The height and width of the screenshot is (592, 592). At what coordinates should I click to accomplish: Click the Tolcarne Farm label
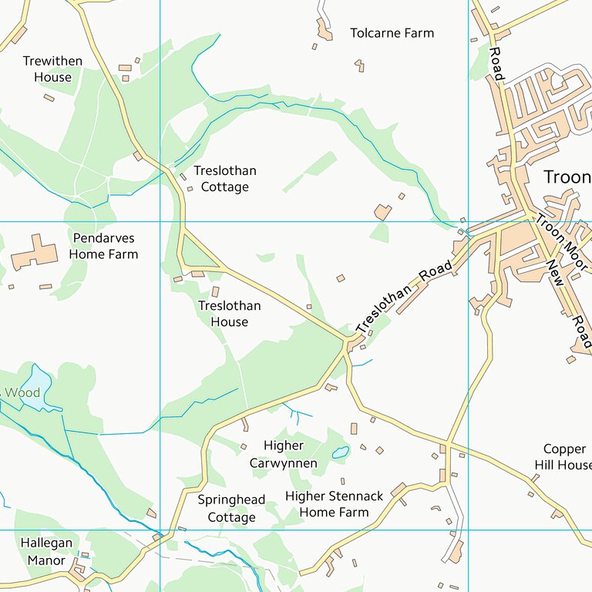tap(392, 33)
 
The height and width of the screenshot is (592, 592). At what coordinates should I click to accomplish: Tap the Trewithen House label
tap(52, 69)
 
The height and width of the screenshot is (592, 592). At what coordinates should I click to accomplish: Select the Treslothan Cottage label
tap(224, 179)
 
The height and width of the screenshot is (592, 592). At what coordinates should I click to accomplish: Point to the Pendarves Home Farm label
tap(103, 246)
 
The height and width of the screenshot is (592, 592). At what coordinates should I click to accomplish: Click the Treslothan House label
tap(229, 314)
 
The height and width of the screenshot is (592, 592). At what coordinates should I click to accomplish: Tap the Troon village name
tap(567, 177)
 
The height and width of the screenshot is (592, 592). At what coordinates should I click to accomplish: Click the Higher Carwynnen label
tap(284, 455)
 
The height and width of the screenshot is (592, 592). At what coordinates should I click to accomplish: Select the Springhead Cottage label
tap(231, 509)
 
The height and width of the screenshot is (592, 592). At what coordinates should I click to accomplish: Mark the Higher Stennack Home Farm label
tap(334, 504)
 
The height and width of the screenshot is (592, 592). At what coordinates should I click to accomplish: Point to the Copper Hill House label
tap(564, 457)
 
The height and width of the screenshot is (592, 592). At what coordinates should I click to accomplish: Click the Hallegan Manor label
tap(46, 551)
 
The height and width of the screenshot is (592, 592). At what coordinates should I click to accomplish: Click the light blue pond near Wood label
tap(35, 382)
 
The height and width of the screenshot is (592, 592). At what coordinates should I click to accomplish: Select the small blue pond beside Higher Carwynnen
tap(340, 453)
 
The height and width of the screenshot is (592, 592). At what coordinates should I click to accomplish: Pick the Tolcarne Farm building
tap(324, 30)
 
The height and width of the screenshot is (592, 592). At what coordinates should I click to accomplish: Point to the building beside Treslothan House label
tap(215, 292)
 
